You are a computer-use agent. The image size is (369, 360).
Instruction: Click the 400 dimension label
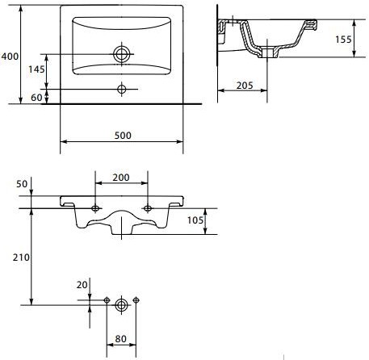pos(10,57)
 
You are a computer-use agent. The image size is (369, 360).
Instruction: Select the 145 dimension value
pos(36,69)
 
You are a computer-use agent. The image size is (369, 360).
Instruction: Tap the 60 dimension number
pos(36,98)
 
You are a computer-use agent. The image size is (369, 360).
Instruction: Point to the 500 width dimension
pos(123,136)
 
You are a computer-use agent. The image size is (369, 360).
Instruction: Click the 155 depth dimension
pos(343,40)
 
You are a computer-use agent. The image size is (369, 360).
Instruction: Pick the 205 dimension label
pos(245,86)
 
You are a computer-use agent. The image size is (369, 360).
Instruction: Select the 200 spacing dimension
pos(121,178)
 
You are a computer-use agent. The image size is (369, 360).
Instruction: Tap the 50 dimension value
pos(22,184)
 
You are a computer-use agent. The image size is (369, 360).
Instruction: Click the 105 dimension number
pos(195,220)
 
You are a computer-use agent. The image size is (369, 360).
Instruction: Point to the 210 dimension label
pos(21,257)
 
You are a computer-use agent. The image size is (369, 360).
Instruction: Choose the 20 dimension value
pos(82,285)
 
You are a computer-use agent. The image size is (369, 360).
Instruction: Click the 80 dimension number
pos(120,339)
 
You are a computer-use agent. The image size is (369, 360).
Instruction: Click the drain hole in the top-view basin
pos(122,54)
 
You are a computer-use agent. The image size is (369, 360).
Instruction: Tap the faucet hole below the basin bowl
pos(122,89)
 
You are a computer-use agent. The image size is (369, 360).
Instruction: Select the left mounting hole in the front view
pos(95,208)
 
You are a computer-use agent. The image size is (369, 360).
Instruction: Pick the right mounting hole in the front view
pos(148,208)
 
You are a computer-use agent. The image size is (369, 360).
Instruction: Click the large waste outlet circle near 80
pos(121,305)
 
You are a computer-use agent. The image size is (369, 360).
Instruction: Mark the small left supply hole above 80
pos(107,299)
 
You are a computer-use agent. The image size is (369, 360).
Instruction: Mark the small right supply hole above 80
pos(136,299)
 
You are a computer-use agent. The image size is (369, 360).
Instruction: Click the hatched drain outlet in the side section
pos(267,52)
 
